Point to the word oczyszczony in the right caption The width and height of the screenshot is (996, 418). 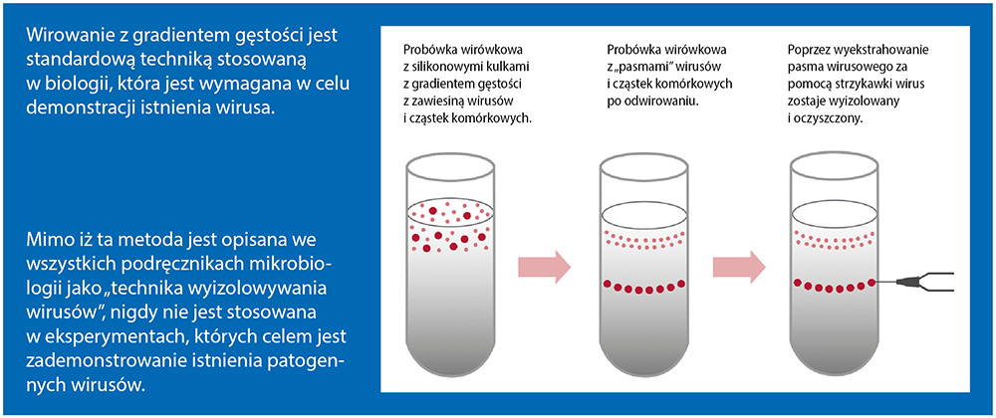click(x=828, y=119)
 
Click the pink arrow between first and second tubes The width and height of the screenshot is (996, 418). click(x=545, y=267)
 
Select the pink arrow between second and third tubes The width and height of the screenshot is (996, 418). click(x=739, y=267)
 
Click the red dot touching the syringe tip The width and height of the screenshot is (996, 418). click(x=871, y=282)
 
